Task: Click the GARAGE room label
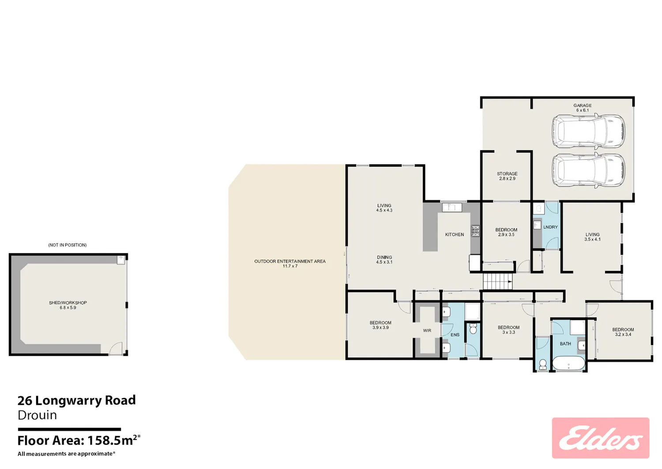click(x=583, y=108)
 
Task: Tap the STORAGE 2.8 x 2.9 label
click(x=507, y=176)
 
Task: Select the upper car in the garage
click(x=589, y=131)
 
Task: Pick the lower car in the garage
click(x=589, y=171)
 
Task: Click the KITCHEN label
click(x=455, y=234)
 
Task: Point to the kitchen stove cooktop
click(x=475, y=231)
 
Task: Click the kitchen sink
click(x=452, y=207)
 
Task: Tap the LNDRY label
click(x=550, y=227)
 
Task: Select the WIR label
click(x=427, y=331)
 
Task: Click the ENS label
click(x=455, y=335)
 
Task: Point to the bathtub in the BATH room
click(x=568, y=363)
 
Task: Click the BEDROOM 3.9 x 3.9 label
click(x=380, y=325)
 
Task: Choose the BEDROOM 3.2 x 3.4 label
click(x=623, y=332)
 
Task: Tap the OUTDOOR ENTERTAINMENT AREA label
click(x=290, y=263)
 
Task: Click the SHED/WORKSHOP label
click(x=68, y=305)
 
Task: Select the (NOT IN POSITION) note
click(x=68, y=245)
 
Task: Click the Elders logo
click(x=601, y=438)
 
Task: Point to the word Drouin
click(x=37, y=415)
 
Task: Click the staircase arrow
click(x=510, y=282)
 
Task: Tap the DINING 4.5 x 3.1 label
click(x=384, y=259)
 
